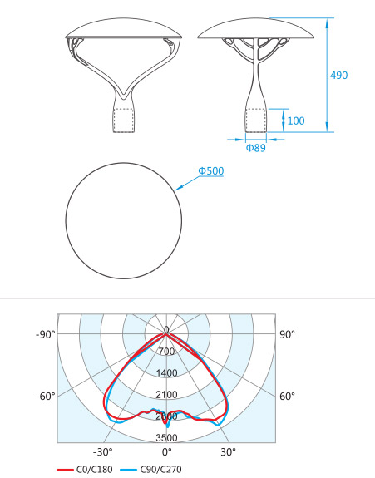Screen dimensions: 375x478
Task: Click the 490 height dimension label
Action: (x=338, y=76)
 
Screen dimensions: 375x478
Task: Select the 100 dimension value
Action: (x=296, y=121)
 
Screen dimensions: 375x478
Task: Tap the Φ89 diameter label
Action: (x=255, y=148)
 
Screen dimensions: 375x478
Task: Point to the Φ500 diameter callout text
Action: (x=211, y=170)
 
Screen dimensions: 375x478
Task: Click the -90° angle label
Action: (x=46, y=334)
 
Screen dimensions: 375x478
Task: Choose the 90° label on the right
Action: (x=287, y=334)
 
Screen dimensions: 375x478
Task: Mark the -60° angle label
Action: (x=46, y=397)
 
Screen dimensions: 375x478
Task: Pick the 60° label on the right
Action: (x=287, y=397)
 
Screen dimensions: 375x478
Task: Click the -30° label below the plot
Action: (x=103, y=452)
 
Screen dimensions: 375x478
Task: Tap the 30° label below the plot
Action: (x=229, y=452)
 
